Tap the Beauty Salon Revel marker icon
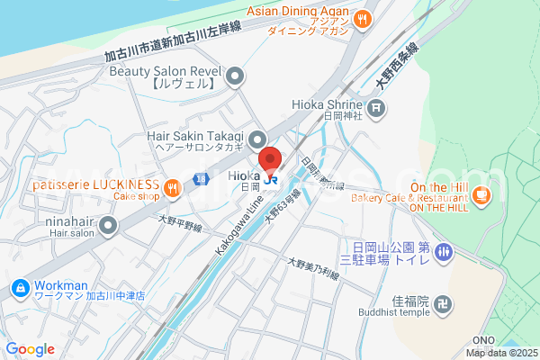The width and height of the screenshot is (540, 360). point(236,76)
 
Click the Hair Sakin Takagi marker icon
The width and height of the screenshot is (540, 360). point(258,139)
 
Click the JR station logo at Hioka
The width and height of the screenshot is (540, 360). point(271,178)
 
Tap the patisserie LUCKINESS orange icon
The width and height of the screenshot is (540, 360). point(173,188)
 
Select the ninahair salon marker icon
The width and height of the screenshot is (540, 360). point(109,225)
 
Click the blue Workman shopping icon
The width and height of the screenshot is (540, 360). point(19,288)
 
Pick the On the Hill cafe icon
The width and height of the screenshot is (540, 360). point(481,194)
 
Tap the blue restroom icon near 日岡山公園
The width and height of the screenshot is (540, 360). point(442,254)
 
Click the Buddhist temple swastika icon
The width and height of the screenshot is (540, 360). point(442,305)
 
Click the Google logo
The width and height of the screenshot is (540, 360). point(30,349)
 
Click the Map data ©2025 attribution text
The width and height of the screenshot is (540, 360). point(500,353)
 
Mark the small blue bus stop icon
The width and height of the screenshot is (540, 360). point(204,179)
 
